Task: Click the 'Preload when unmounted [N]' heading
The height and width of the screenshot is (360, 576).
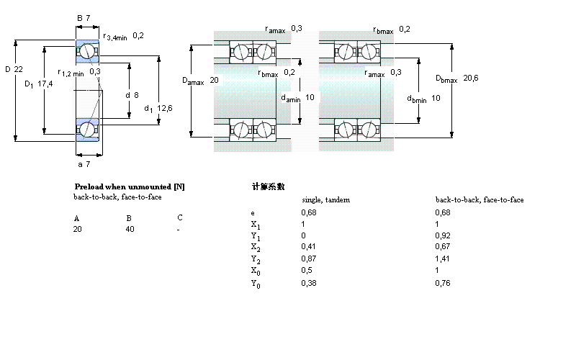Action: [x=129, y=186]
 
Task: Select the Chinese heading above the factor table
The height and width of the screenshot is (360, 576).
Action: [x=268, y=186]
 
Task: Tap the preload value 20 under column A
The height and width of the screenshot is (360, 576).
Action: [x=77, y=229]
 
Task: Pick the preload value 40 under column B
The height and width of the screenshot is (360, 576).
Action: [x=130, y=229]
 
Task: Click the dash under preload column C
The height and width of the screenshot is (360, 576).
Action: [x=178, y=229]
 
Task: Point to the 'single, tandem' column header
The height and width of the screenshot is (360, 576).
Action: [x=325, y=199]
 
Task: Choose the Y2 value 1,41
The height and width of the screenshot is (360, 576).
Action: [x=442, y=258]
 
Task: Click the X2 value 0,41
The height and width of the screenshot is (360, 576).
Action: [x=307, y=247]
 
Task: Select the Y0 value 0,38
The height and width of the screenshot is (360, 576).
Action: [x=308, y=283]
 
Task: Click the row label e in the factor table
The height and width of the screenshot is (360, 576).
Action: [x=253, y=212]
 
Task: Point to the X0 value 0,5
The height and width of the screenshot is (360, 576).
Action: [x=305, y=271]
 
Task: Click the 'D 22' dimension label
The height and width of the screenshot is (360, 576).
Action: [x=14, y=69]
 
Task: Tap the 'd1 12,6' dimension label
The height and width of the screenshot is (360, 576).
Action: [x=158, y=108]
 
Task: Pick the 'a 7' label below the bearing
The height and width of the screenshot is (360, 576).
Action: [x=84, y=165]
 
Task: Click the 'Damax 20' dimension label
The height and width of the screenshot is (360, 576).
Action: [x=200, y=81]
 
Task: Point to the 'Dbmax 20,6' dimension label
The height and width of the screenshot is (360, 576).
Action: [x=456, y=78]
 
